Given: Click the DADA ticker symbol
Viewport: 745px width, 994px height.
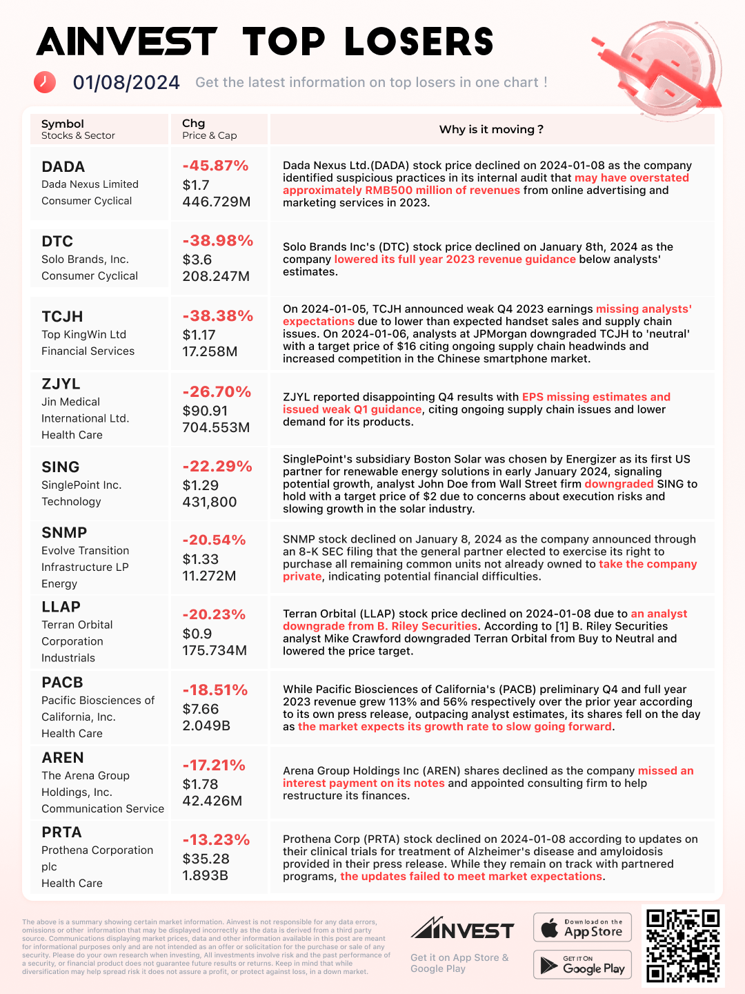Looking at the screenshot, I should coord(63,167).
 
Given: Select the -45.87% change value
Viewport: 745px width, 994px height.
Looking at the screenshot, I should coord(215,166).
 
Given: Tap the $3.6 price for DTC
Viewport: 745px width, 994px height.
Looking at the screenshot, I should coord(197,260).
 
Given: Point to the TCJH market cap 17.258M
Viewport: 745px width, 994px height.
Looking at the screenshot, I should coord(210,351).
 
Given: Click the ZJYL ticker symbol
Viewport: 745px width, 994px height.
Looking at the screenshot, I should coord(61,384).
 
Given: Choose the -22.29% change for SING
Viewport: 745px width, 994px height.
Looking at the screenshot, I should coord(217,467).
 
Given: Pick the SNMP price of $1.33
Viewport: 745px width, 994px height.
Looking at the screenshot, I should coord(201,559).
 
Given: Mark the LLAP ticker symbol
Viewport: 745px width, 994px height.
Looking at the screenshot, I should coord(61,607).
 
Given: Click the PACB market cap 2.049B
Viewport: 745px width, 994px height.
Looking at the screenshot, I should coord(206,725).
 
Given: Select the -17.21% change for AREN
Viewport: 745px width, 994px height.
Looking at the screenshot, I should coord(214,766).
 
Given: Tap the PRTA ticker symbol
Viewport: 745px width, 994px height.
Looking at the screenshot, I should coord(61,832).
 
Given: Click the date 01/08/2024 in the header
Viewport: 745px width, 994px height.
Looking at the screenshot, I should coord(126,83).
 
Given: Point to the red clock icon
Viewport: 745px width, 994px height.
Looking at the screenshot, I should coord(45,81).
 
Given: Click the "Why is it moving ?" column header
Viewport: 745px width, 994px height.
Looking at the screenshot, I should coord(491,130).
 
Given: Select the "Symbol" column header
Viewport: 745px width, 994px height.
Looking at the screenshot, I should coord(63,124).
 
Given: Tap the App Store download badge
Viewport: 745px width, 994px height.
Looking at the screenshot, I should coord(582,927).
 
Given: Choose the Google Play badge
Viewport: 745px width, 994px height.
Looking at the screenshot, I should coord(582,964).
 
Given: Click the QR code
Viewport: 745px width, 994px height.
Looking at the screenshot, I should coord(683,946).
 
